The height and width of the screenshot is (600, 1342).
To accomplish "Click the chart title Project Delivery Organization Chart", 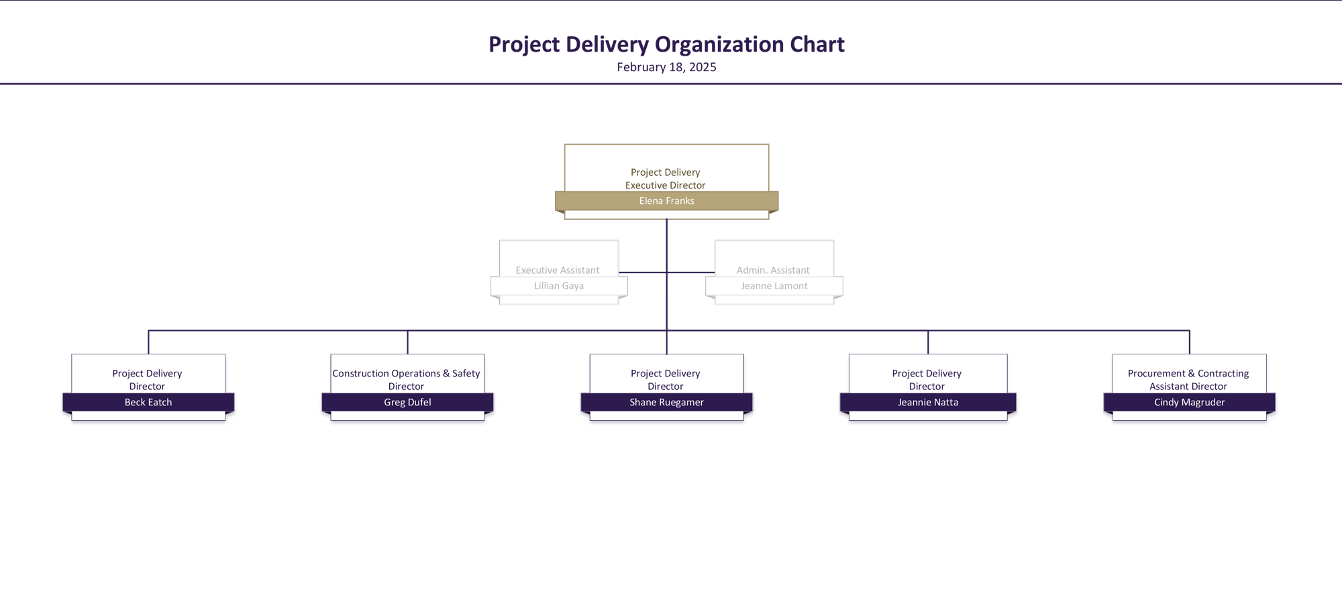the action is [666, 44].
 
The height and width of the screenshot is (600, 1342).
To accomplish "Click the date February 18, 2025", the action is [666, 67].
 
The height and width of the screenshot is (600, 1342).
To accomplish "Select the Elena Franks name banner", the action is [666, 201].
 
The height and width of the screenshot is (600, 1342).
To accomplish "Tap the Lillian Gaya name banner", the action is [559, 286].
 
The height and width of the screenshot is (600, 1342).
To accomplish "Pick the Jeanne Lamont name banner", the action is [774, 286].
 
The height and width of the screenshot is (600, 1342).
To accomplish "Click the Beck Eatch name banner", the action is [148, 402].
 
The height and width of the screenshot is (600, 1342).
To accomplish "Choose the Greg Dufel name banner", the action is [407, 402].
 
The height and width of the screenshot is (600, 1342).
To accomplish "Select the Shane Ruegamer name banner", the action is [666, 402].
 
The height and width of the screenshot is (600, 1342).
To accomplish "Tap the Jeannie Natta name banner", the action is [928, 402].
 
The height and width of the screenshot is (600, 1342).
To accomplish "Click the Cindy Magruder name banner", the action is [1190, 402].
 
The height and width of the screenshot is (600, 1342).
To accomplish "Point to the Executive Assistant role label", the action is [558, 270].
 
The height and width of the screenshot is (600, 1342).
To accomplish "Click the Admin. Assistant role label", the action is [773, 270].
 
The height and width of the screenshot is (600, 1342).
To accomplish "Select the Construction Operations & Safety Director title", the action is [406, 380].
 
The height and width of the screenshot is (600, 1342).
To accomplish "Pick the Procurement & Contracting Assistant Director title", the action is [1188, 380].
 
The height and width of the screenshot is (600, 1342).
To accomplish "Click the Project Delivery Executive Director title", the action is [666, 179].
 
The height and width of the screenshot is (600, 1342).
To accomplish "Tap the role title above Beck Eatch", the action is [147, 380].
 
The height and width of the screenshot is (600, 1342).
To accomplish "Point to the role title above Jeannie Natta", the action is [927, 380].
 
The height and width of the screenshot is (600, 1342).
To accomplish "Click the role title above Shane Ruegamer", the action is [666, 380].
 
